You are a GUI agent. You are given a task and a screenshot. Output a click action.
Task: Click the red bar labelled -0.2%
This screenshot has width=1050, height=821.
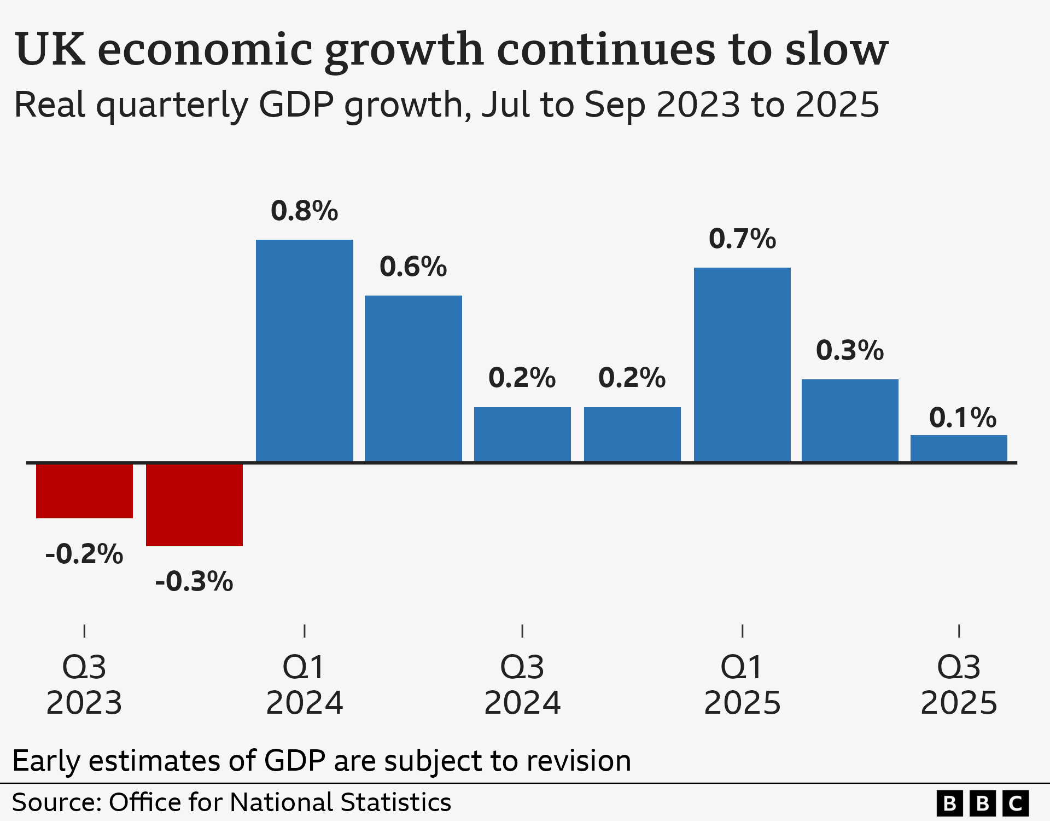[x=84, y=491]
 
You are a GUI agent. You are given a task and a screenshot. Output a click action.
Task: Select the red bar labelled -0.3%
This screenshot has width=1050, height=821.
[x=194, y=505]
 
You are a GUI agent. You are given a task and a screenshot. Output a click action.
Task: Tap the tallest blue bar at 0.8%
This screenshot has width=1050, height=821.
[x=304, y=350]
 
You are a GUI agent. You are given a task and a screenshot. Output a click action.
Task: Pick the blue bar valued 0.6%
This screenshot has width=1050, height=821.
[x=413, y=378]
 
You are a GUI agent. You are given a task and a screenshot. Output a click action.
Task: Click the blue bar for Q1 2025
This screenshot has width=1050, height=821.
[x=742, y=365]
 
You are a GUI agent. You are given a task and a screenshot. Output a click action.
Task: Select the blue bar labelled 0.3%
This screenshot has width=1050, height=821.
[x=849, y=420]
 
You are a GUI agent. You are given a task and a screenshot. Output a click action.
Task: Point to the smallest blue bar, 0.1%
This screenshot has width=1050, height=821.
[x=958, y=448]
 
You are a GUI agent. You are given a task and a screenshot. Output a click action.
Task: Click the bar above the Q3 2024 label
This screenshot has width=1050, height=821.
[x=522, y=434]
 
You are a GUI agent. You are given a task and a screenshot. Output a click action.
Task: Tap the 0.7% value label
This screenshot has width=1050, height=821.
[x=742, y=239]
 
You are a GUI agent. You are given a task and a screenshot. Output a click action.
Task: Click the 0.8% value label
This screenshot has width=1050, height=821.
[x=304, y=211]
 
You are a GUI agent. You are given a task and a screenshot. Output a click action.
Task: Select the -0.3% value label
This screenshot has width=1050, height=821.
[x=194, y=581]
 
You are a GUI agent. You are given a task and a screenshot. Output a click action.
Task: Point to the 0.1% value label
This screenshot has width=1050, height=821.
[x=962, y=418]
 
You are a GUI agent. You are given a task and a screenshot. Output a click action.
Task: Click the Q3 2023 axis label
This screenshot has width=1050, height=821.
[x=84, y=685]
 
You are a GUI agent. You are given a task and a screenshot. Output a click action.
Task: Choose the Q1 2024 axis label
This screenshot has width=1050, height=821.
[x=304, y=685]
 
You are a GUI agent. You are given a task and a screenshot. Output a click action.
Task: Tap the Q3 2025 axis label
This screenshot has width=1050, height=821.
[x=958, y=685]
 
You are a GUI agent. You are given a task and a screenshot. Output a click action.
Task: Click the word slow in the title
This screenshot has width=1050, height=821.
[x=836, y=49]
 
